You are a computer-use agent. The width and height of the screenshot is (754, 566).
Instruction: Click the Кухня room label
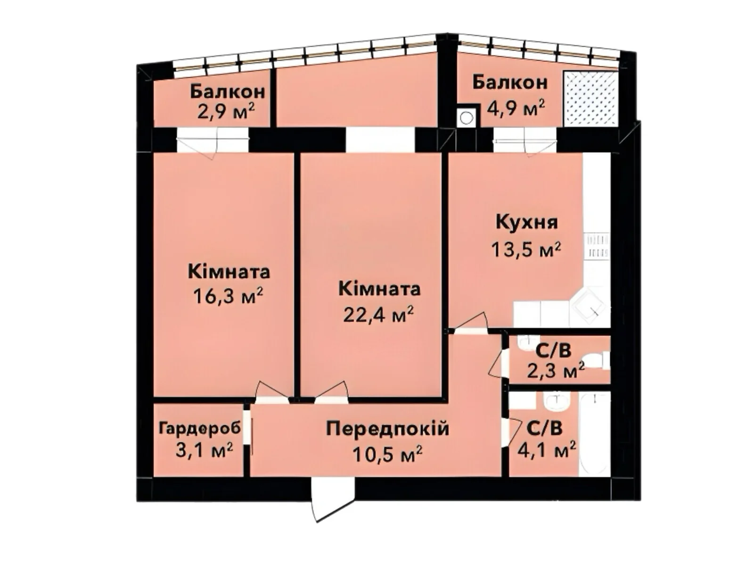(x=526, y=222)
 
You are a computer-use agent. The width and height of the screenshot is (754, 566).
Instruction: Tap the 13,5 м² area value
(x=526, y=249)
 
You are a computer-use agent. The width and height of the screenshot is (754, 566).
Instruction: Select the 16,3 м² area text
(x=229, y=296)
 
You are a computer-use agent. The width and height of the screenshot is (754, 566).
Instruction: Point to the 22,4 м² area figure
(x=378, y=315)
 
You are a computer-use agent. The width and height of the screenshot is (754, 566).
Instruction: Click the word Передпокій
(x=387, y=429)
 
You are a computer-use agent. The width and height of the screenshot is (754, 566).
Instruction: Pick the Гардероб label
(x=200, y=429)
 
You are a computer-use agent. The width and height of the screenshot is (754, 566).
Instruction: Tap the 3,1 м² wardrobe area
(x=205, y=450)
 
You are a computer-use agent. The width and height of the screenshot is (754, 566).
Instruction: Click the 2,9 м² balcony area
(x=226, y=112)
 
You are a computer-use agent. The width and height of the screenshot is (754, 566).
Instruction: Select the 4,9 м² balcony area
(x=516, y=108)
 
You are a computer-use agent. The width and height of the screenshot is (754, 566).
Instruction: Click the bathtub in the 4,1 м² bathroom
(x=595, y=435)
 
